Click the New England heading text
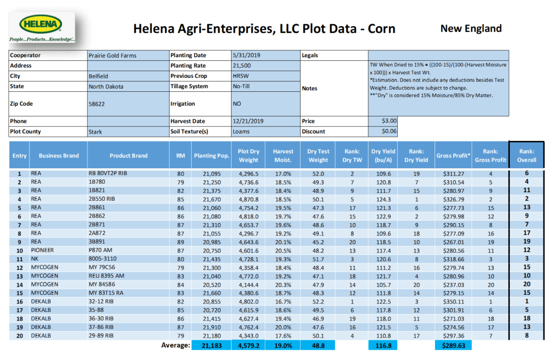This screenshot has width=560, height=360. click(x=471, y=28)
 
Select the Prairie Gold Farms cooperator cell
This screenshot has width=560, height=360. click(x=112, y=56)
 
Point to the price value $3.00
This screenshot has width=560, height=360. click(x=389, y=121)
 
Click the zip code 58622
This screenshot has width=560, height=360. click(x=97, y=104)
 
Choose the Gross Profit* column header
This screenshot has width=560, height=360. click(x=453, y=155)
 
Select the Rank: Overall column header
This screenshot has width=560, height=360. click(x=526, y=155)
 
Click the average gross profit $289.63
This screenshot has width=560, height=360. click(x=453, y=346)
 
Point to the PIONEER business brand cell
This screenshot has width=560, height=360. click(x=43, y=251)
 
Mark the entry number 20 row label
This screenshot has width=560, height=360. click(x=19, y=335)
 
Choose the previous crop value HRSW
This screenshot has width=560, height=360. click(x=240, y=76)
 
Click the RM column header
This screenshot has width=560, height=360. click(x=180, y=155)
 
